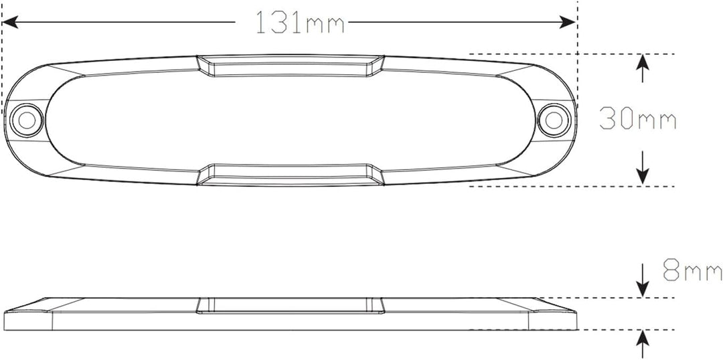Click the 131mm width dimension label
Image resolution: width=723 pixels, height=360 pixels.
(x=299, y=23)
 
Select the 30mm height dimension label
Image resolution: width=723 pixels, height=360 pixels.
(x=637, y=120)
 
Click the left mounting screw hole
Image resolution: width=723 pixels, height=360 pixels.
(x=27, y=120)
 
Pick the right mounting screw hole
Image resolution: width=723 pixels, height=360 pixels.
(x=553, y=120)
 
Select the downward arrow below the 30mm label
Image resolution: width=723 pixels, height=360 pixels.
(x=643, y=171)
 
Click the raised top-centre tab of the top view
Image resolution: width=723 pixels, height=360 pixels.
(x=290, y=66)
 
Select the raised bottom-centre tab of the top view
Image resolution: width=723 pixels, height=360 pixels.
(x=290, y=174)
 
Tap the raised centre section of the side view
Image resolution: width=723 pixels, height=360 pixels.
(x=290, y=306)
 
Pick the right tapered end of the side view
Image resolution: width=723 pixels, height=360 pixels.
(x=552, y=312)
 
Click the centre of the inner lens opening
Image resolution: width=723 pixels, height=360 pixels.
(x=290, y=120)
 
